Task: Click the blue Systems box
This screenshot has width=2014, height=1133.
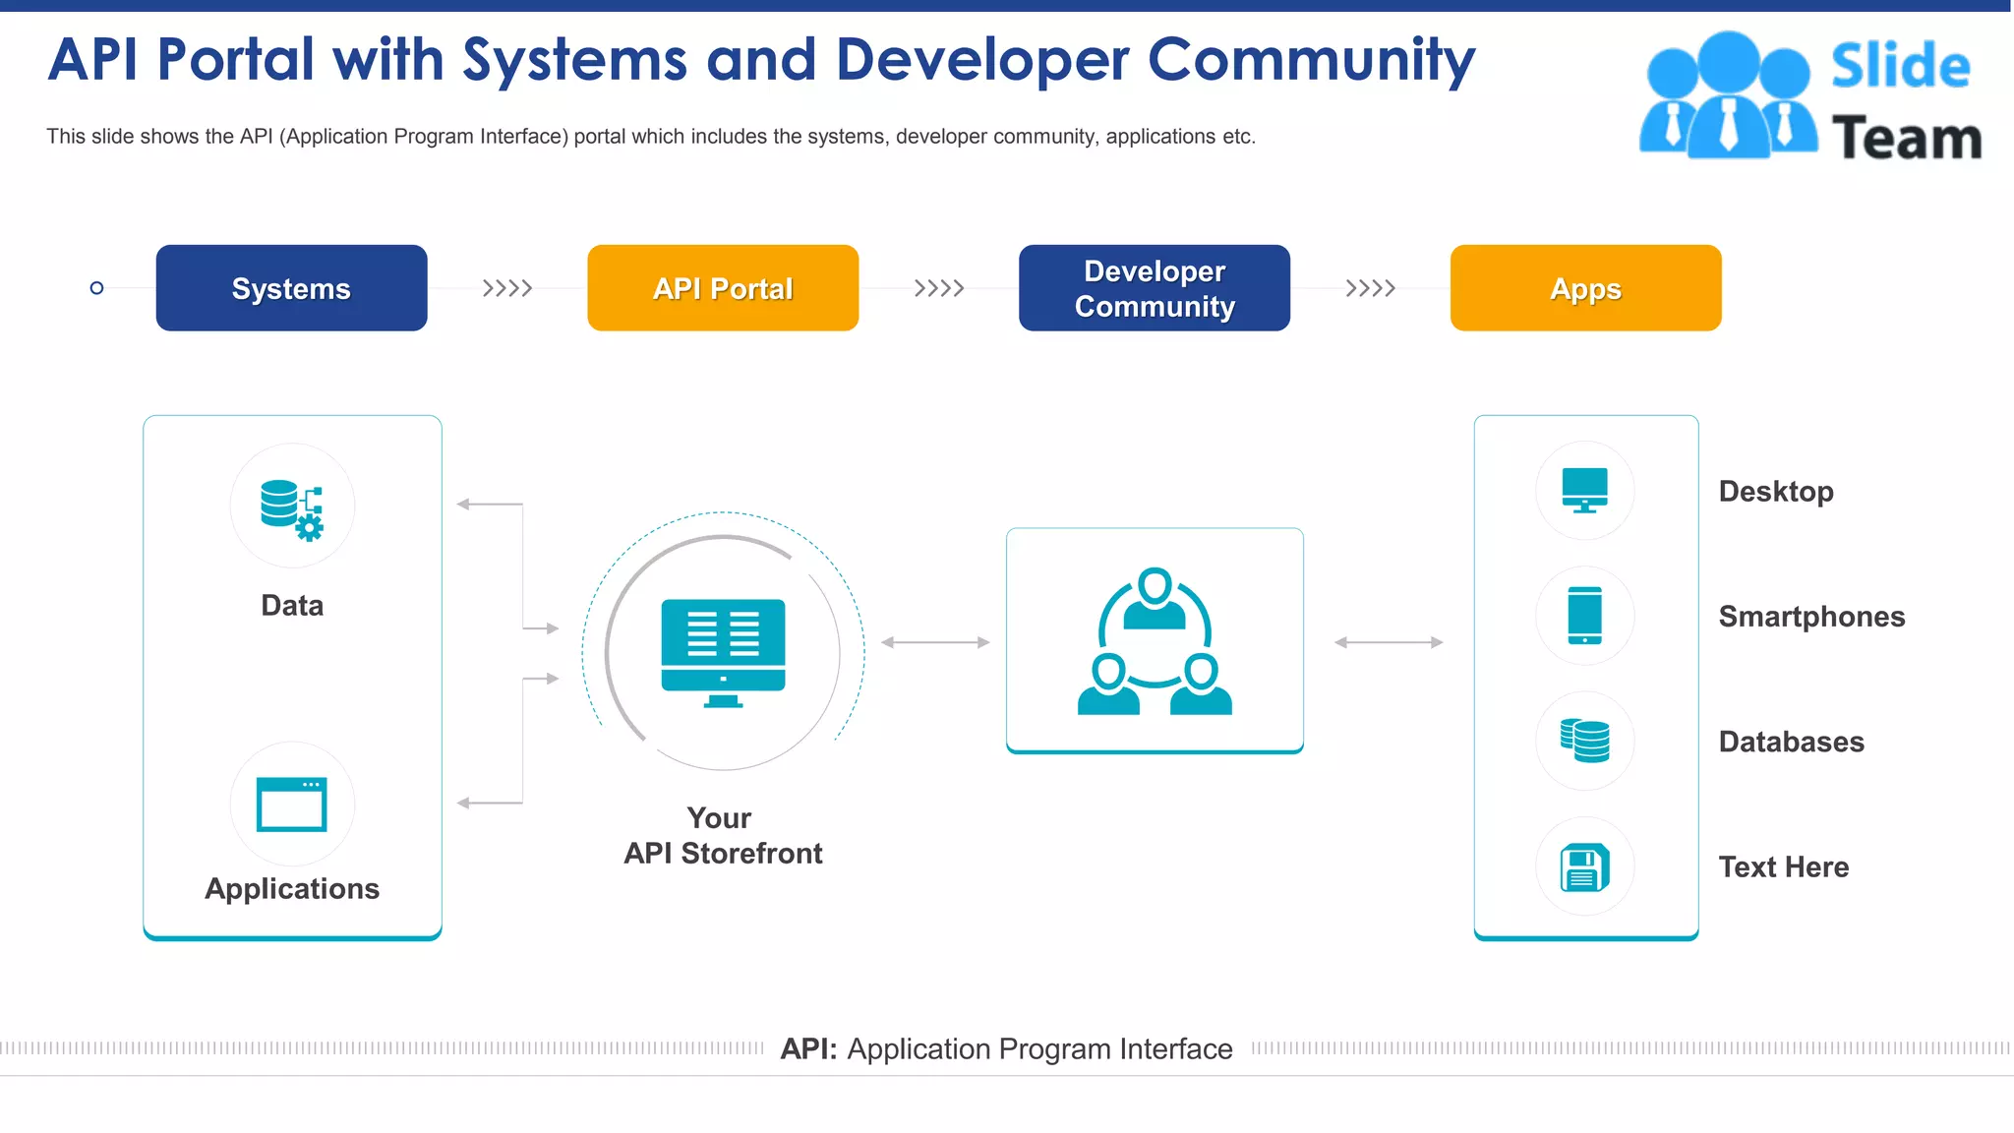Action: pos(291,288)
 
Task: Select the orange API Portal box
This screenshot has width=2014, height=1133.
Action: pos(723,288)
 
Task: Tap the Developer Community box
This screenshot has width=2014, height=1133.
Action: pos(1155,288)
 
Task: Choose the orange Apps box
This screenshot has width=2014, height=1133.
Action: pos(1585,288)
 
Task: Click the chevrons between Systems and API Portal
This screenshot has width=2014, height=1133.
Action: pos(507,288)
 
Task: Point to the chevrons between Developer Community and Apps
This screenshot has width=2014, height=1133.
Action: pos(1370,288)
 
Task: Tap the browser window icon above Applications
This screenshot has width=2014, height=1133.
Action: pos(292,805)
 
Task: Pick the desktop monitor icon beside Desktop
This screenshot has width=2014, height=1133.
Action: pos(1584,490)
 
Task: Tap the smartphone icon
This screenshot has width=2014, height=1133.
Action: pos(1584,616)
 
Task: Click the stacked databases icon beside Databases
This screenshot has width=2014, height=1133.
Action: pos(1584,741)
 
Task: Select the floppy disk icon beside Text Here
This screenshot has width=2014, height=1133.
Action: pos(1584,866)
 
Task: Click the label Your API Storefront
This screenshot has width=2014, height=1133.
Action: pos(723,836)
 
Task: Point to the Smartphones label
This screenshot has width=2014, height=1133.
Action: pos(1811,617)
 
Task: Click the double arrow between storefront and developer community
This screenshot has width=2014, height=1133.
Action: pos(935,642)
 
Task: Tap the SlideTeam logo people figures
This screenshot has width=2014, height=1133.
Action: pos(1728,95)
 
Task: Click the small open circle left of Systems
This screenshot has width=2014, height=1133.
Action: pos(96,288)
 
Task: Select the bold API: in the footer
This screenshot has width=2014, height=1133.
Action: pos(808,1049)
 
